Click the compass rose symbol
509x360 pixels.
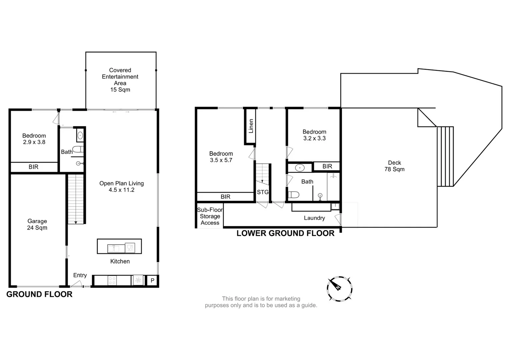pos(339,289)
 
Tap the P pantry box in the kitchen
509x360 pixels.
pos(152,280)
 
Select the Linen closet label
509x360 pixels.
pos(251,126)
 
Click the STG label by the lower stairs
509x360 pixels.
pos(263,192)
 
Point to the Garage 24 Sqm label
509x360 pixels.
pos(37,224)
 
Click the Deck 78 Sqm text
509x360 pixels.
pos(394,166)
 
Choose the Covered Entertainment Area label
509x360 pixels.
pos(120,80)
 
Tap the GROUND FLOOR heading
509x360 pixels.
pos(39,294)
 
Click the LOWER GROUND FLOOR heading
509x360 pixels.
pos(285,233)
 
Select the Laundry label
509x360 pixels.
pos(314,218)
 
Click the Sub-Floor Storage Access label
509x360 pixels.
pos(210,216)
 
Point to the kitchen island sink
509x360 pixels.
pos(113,248)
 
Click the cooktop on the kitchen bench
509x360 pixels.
pos(112,281)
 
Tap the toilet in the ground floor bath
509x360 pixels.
pos(77,149)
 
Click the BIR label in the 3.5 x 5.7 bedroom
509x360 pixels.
pos(225,197)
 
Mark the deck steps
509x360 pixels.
pos(445,156)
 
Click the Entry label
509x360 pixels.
pos(80,275)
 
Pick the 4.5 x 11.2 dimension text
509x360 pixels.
pos(121,190)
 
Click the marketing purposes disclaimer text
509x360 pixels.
pos(261,302)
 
